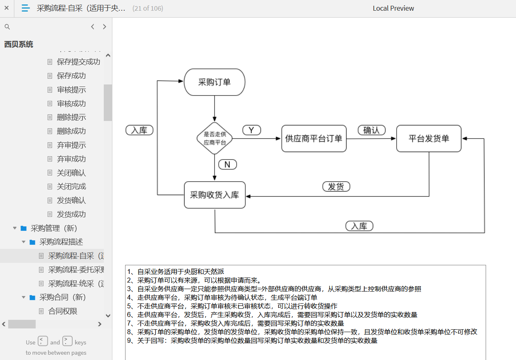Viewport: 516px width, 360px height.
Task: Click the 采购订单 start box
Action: click(215, 82)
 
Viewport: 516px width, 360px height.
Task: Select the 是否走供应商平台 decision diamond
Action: click(215, 138)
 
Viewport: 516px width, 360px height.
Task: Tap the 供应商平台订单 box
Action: click(314, 139)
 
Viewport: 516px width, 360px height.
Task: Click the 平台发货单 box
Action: click(429, 139)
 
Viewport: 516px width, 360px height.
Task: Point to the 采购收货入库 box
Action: click(215, 195)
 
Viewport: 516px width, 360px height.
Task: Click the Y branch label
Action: click(251, 130)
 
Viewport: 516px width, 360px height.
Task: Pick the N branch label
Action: click(227, 164)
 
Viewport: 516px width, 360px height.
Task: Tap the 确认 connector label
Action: click(371, 130)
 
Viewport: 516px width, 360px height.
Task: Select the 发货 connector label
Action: click(336, 187)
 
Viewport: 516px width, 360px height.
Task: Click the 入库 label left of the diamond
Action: click(139, 130)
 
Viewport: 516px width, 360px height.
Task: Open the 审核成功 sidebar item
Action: click(71, 103)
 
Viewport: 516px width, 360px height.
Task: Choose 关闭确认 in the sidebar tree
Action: click(71, 173)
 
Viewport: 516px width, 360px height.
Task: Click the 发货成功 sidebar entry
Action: click(71, 214)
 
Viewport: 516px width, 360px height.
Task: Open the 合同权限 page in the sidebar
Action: click(63, 311)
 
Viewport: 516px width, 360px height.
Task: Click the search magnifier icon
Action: click(7, 27)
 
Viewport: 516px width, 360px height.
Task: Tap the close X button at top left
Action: click(7, 8)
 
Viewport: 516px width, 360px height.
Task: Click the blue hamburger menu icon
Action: click(25, 8)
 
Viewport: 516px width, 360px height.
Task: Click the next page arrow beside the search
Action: click(105, 27)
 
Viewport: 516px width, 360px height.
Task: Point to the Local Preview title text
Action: click(393, 8)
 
